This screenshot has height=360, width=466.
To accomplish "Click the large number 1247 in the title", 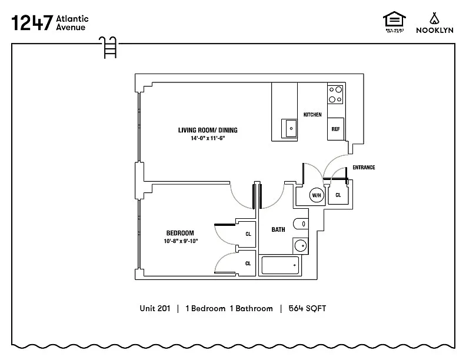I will pos(31,23).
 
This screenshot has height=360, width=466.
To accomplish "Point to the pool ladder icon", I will pos(109,47).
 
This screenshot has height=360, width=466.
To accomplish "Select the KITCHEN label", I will pos(312,114).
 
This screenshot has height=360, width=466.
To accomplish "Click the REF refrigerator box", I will pos(335,129).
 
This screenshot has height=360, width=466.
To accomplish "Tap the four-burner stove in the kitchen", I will pos(335,94).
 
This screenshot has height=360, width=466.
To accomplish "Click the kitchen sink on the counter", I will pos(291,128).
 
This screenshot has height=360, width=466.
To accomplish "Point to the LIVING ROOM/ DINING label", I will pos(208,130).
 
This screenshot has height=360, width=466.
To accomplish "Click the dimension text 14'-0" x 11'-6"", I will pos(208,139).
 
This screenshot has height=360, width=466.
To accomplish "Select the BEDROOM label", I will pos(179,233).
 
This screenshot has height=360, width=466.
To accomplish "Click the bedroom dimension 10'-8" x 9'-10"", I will pos(181,241).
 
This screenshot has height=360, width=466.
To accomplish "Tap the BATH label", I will pos(278,229).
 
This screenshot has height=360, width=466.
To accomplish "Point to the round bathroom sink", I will pos(301,245).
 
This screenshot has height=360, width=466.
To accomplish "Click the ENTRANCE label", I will pos(364,168).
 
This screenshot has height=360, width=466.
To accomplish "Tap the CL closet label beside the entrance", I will pos(338,195).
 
